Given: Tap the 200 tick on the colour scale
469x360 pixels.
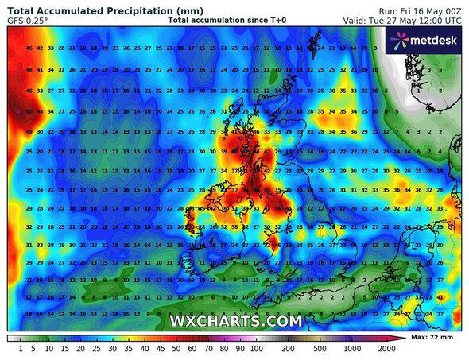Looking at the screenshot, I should pos(289,348).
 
